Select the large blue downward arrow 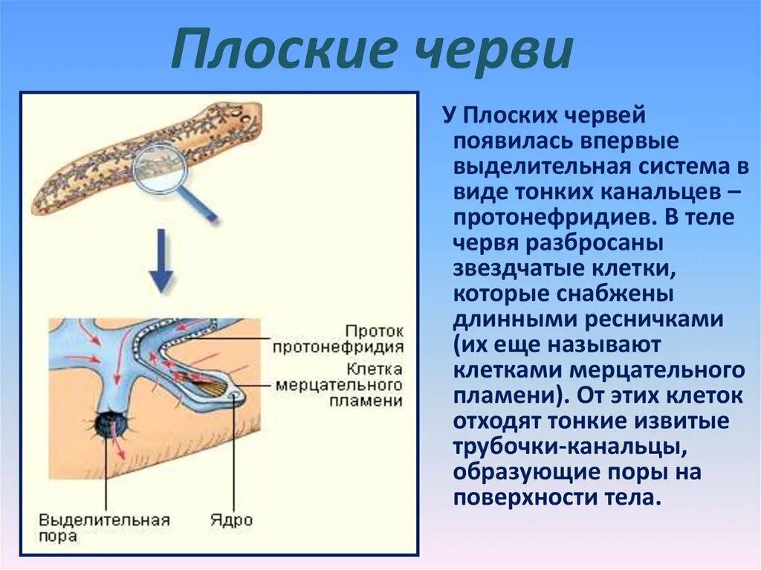point(161,260)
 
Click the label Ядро point(230,519)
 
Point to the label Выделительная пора point(104,526)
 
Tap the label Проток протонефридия point(338,338)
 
